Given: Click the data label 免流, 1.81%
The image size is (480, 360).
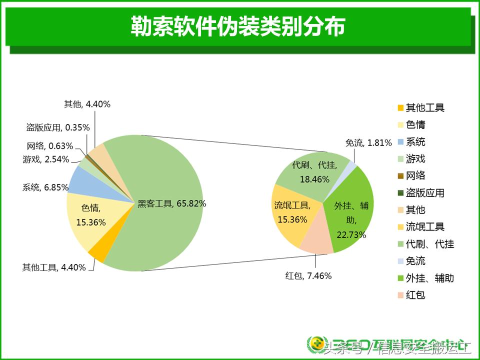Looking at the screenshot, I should [368, 142].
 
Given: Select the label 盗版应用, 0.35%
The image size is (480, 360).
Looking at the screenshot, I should [58, 127].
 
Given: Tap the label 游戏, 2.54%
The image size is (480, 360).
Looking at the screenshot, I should [45, 159].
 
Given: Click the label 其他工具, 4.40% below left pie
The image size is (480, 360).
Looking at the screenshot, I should [54, 267].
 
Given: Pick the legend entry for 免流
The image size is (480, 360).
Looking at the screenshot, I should [415, 261].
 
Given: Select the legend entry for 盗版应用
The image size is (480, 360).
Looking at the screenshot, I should [424, 193].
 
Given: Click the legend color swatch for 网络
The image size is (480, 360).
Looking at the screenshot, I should [400, 176].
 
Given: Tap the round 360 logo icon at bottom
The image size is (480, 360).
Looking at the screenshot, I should [316, 344].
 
